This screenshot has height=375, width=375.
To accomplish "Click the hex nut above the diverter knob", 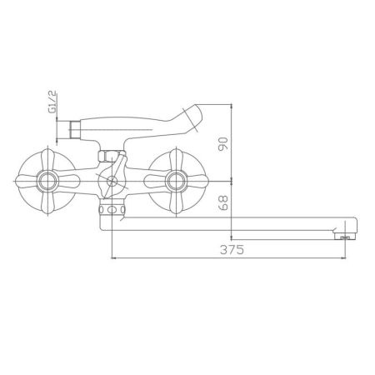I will tap(109, 155).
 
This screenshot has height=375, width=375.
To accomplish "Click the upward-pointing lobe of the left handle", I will tap(48, 158).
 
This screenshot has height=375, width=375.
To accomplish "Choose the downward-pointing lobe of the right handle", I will tap(175, 199).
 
